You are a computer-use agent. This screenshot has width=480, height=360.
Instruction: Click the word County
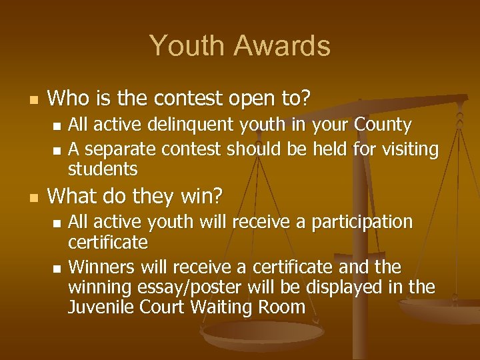383,125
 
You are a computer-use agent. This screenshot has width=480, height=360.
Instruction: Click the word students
103,169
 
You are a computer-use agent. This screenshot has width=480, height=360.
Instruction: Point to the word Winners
101,267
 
